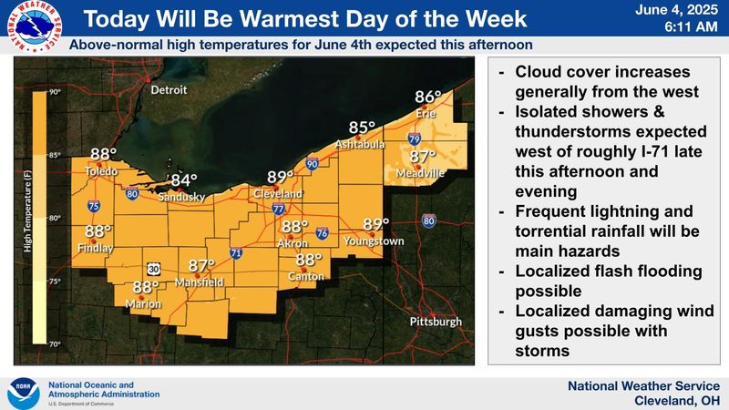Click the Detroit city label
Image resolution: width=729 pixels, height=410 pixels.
pyautogui.click(x=168, y=90)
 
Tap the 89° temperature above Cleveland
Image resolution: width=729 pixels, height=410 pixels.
pyautogui.click(x=281, y=178)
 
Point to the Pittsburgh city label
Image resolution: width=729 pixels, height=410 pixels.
pyautogui.click(x=436, y=322)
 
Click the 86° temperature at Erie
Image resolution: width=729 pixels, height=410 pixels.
pyautogui.click(x=427, y=97)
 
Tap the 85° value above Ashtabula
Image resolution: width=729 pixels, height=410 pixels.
pyautogui.click(x=362, y=128)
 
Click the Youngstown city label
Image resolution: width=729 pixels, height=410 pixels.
pyautogui.click(x=374, y=241)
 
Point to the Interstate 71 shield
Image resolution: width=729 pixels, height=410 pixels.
pyautogui.click(x=236, y=253)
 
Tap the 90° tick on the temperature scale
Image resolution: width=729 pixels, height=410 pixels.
pyautogui.click(x=55, y=92)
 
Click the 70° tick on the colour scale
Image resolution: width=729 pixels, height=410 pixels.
pyautogui.click(x=55, y=343)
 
